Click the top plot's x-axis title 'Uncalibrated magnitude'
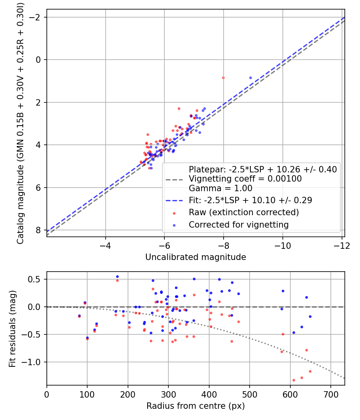pyautogui.click(x=195, y=257)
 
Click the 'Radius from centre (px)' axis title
pyautogui.click(x=195, y=406)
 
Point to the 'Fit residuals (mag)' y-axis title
pyautogui.click(x=12, y=328)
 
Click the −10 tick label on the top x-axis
pyautogui.click(x=282, y=245)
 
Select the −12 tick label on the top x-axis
pyautogui.click(x=342, y=245)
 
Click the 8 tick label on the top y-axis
pyautogui.click(x=38, y=230)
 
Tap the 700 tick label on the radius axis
pyautogui.click(x=330, y=394)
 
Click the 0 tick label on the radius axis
pyautogui.click(x=47, y=394)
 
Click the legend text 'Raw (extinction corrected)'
pyautogui.click(x=244, y=212)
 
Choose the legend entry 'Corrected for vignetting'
pyautogui.click(x=238, y=225)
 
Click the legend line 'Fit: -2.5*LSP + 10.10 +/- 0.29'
pyautogui.click(x=250, y=200)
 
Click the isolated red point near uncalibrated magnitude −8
pyautogui.click(x=223, y=78)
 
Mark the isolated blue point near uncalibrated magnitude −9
pyautogui.click(x=250, y=78)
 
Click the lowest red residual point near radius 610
pyautogui.click(x=294, y=380)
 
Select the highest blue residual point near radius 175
pyautogui.click(x=117, y=276)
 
